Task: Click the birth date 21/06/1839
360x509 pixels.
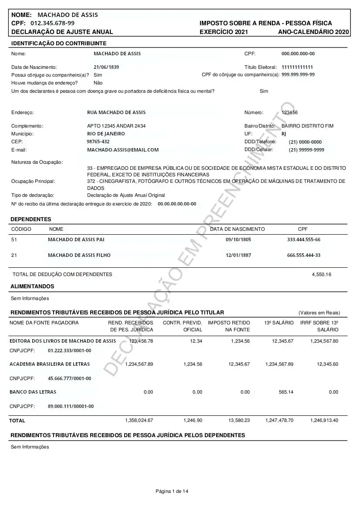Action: point(106,67)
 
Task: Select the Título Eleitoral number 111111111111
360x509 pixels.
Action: point(297,67)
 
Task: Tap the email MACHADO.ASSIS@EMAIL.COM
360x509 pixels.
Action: point(123,150)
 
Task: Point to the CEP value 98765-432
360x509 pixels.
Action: point(98,142)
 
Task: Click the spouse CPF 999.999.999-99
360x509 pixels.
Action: point(298,75)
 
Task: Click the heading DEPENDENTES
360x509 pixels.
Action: point(31,219)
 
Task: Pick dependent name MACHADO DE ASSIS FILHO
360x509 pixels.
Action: point(79,255)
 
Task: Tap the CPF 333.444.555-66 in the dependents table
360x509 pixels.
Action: point(304,240)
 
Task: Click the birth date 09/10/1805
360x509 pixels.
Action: point(238,240)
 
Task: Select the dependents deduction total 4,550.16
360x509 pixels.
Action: point(322,274)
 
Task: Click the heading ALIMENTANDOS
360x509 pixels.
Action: point(32,287)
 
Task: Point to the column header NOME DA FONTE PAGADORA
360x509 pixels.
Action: point(44,323)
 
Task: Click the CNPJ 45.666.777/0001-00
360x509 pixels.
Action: point(69,378)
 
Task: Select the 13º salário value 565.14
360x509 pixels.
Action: point(286,392)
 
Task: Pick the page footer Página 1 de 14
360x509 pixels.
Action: point(172,492)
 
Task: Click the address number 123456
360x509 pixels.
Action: point(290,112)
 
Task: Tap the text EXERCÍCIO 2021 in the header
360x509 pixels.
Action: point(224,32)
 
